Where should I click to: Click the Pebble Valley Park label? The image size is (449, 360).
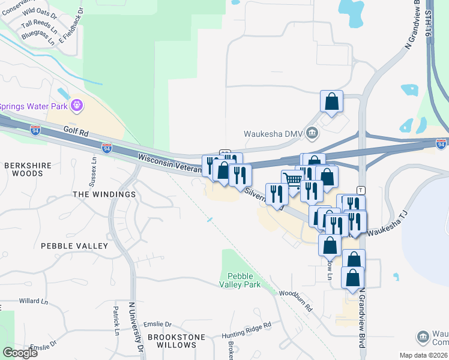click(240, 280)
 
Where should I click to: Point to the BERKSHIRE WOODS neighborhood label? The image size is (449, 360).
click(24, 169)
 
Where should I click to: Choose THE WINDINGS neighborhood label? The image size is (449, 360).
click(104, 194)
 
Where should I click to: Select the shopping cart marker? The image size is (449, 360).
click(292, 181)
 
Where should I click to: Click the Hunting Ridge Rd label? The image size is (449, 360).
click(246, 328)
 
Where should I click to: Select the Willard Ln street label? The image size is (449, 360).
click(32, 300)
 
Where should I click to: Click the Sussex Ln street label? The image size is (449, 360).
click(94, 172)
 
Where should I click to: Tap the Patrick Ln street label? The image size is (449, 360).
click(116, 321)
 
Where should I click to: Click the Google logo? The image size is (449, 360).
click(20, 353)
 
